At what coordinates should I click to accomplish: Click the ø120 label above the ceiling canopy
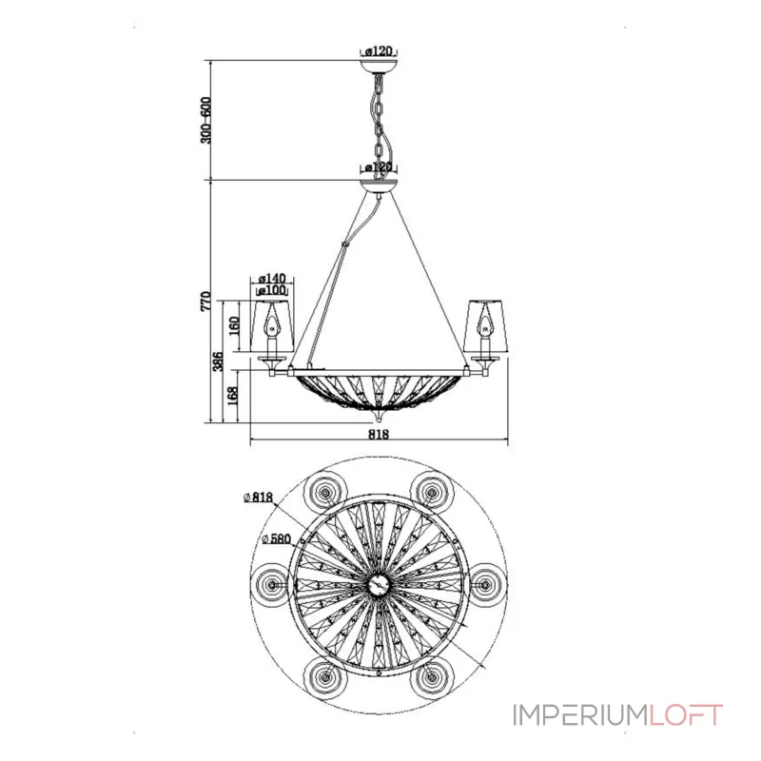379,50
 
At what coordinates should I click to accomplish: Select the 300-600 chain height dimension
205,121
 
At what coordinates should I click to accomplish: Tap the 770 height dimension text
205,301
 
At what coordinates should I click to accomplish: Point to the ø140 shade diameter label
272,279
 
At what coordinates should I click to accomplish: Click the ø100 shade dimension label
272,290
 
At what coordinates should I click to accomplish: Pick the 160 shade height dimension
234,325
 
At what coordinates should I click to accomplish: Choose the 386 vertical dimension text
219,361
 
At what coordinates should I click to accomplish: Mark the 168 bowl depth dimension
233,396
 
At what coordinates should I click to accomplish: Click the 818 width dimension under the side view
379,434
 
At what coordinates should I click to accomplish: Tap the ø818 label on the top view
259,497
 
